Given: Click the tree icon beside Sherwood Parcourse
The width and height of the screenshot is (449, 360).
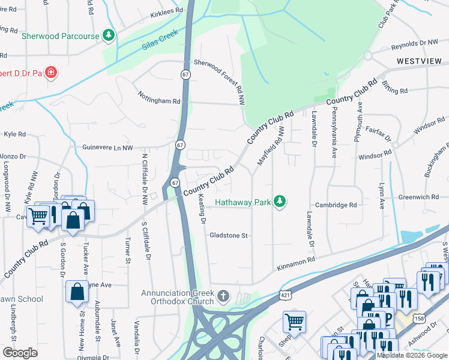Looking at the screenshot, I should pyautogui.click(x=109, y=36).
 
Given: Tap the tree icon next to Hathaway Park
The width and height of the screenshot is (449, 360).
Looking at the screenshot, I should pyautogui.click(x=279, y=202).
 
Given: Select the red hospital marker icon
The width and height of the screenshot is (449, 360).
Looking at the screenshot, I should pyautogui.click(x=52, y=73).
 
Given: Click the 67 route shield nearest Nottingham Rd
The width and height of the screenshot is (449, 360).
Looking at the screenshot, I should pyautogui.click(x=184, y=73).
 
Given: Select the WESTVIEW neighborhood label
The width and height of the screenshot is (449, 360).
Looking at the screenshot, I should pyautogui.click(x=419, y=62).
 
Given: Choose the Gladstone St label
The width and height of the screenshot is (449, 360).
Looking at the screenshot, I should pyautogui.click(x=228, y=236).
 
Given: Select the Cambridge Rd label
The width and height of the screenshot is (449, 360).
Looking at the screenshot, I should pyautogui.click(x=336, y=205).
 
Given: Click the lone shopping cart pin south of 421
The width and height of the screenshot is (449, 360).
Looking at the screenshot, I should pyautogui.click(x=294, y=322).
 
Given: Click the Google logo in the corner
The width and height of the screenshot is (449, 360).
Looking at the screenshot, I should pyautogui.click(x=20, y=353).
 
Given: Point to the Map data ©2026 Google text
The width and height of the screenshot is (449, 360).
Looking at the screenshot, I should pyautogui.click(x=412, y=355).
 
